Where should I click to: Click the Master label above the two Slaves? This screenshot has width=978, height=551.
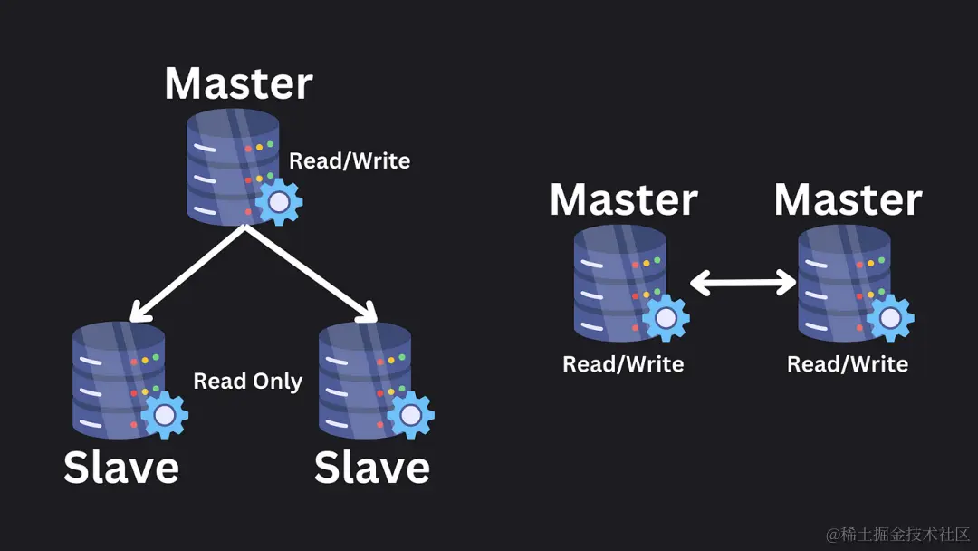[238, 83]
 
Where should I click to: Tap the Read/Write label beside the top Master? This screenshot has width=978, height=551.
[350, 161]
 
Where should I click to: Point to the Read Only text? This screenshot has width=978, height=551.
[248, 382]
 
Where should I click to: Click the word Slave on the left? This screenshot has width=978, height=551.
[121, 468]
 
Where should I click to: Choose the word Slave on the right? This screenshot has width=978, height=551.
[371, 468]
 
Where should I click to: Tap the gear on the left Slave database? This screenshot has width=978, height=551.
[164, 415]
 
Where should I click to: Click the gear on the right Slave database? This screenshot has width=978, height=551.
[411, 415]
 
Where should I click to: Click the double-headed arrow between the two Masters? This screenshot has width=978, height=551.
[743, 283]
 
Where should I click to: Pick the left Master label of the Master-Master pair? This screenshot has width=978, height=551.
[624, 200]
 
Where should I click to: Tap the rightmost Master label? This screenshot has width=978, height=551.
[848, 200]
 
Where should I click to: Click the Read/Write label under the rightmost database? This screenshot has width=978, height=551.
[848, 364]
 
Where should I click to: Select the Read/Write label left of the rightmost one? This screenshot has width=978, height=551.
[623, 364]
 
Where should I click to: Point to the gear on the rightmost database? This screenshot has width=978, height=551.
[890, 318]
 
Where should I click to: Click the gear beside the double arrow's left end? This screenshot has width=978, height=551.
[666, 318]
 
